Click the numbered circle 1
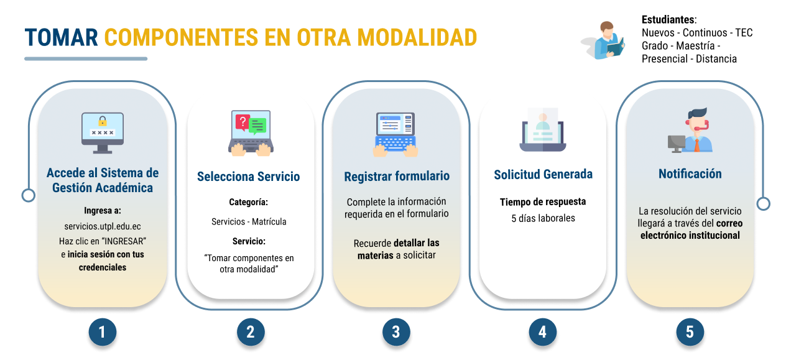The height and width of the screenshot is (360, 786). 103,332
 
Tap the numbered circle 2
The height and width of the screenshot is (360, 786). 250,332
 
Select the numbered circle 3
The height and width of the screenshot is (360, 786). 396,332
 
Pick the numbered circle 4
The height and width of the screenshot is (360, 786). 542,332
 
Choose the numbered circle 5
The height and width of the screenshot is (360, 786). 690,332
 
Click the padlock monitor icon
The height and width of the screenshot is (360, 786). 103,132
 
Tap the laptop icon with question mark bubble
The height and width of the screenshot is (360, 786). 250,132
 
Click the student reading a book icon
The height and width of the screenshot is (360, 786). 606,40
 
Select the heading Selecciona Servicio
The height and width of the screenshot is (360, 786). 249,177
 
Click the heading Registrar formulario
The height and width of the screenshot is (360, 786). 397,177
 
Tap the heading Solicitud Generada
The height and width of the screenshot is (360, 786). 543,175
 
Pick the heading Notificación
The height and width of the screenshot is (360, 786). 690,174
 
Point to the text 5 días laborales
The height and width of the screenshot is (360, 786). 543,218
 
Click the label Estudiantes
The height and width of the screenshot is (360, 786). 668,19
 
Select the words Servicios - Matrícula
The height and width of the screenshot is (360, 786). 249,221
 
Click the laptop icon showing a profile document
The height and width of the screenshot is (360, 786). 542,130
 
